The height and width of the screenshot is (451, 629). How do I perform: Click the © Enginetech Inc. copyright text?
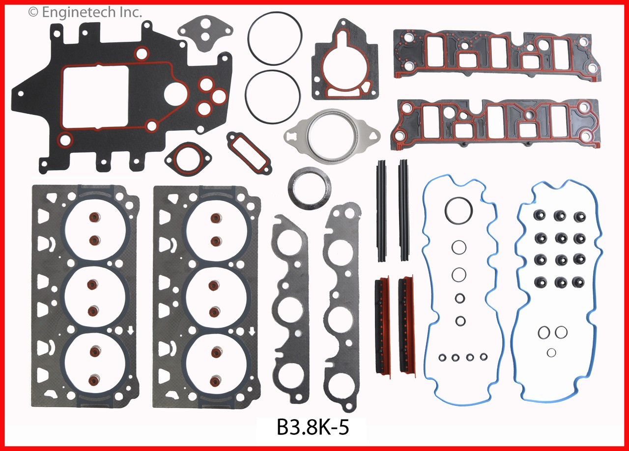[x=85, y=12]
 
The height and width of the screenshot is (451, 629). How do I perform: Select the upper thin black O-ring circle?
[x=275, y=39]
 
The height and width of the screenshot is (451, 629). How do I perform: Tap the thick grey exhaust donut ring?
[x=310, y=189]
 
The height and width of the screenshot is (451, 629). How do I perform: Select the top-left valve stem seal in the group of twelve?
[x=541, y=216]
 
